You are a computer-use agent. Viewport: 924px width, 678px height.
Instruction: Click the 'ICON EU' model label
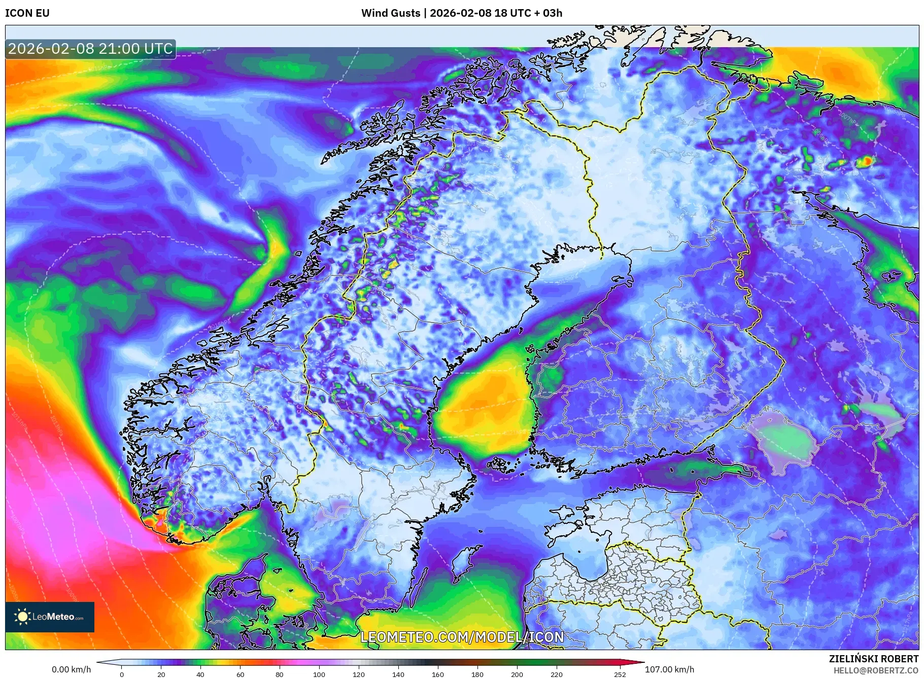coord(27,13)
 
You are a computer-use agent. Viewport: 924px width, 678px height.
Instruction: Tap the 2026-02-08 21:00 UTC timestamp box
coord(90,49)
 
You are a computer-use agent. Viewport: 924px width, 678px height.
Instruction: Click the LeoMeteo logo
coord(50,617)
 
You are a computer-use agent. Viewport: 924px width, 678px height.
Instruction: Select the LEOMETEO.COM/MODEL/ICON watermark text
coord(462,637)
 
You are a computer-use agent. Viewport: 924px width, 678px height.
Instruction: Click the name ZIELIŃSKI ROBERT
coord(873,659)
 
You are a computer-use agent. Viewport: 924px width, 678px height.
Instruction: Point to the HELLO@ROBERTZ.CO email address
coord(876,670)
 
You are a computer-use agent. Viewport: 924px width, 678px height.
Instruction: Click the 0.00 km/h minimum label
coord(71,669)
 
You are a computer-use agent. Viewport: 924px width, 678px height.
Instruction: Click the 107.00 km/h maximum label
coord(669,669)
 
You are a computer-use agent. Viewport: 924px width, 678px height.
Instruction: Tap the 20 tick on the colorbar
coord(161,674)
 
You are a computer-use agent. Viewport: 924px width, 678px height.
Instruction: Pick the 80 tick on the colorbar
coord(280,674)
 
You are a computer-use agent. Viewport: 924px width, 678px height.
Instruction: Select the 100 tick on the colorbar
coord(319,674)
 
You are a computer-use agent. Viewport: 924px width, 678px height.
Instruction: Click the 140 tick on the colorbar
coord(398,674)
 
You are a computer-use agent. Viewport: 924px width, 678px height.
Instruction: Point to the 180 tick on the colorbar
coord(477,674)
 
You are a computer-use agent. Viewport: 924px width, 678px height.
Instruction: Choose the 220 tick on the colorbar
coord(557,674)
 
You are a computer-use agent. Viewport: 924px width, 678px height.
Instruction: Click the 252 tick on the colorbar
coord(620,674)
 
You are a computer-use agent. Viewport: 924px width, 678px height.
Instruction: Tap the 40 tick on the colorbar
coord(200,674)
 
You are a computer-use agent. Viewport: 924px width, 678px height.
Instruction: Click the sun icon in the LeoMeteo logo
coord(22,617)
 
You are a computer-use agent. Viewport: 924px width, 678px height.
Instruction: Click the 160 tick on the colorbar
coord(438,674)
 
